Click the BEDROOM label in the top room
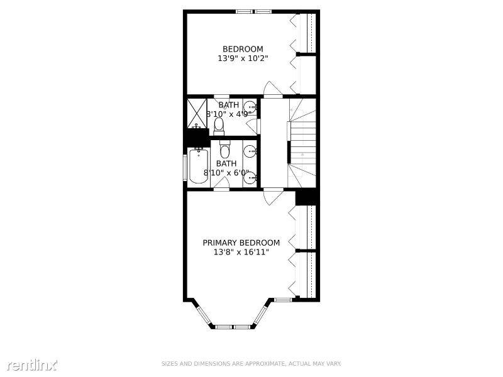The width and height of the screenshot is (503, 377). coord(243,49)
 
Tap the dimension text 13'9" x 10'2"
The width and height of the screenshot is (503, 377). coord(243,58)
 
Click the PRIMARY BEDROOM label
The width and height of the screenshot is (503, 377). coord(241,243)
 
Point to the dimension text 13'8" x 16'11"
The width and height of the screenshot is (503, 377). coord(241,253)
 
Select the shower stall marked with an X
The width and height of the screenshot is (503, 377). coord(197,113)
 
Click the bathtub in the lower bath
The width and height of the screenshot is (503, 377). coord(199,165)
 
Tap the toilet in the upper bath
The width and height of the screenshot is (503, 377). coord(219,126)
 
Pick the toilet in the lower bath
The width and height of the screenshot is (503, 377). coord(224,149)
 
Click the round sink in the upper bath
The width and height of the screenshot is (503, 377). coord(250,107)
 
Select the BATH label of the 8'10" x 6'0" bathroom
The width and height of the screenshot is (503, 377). coord(226,163)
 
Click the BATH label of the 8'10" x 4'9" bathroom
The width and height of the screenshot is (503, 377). coord(229,105)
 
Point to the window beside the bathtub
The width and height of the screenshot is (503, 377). coord(185,168)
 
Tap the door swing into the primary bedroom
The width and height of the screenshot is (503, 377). coord(273,197)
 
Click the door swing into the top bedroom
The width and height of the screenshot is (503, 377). coord(272,88)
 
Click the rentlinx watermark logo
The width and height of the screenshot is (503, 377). coord(32,364)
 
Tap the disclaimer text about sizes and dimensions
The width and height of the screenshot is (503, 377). coord(251,364)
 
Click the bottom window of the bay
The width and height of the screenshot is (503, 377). coord(232,327)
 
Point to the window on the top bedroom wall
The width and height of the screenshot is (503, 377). coord(254,12)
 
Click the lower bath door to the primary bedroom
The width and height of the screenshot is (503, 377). coord(221,183)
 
